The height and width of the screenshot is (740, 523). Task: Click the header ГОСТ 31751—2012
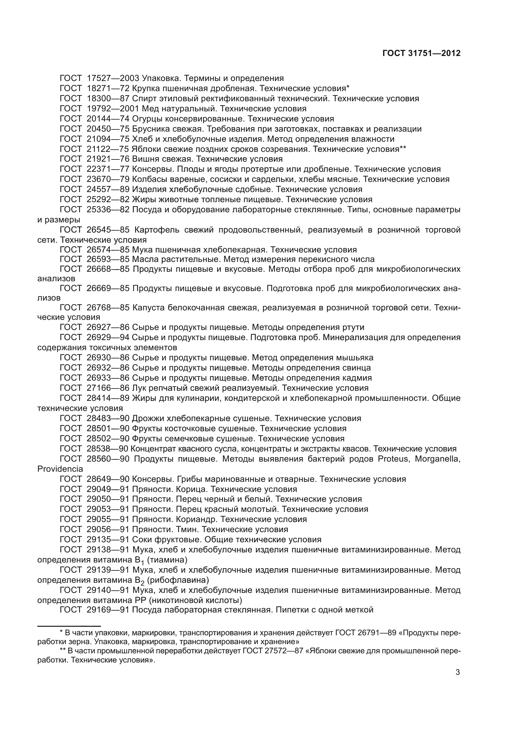[x=421, y=53]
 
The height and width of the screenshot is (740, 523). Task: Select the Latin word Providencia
[x=60, y=469]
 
